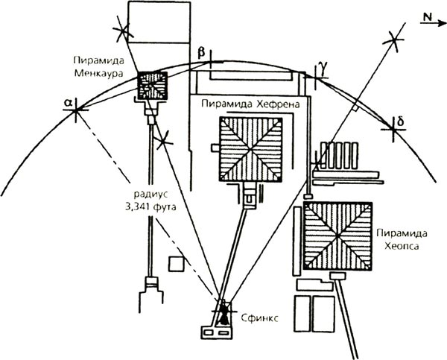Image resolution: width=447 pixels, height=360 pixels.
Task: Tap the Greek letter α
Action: pyautogui.click(x=69, y=98)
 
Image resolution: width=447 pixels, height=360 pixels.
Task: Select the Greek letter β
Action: pyautogui.click(x=200, y=51)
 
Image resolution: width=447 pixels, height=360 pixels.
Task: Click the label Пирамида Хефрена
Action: pyautogui.click(x=250, y=104)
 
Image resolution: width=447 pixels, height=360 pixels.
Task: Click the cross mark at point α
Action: pyautogui.click(x=77, y=112)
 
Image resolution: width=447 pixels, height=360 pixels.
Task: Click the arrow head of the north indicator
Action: pyautogui.click(x=440, y=23)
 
